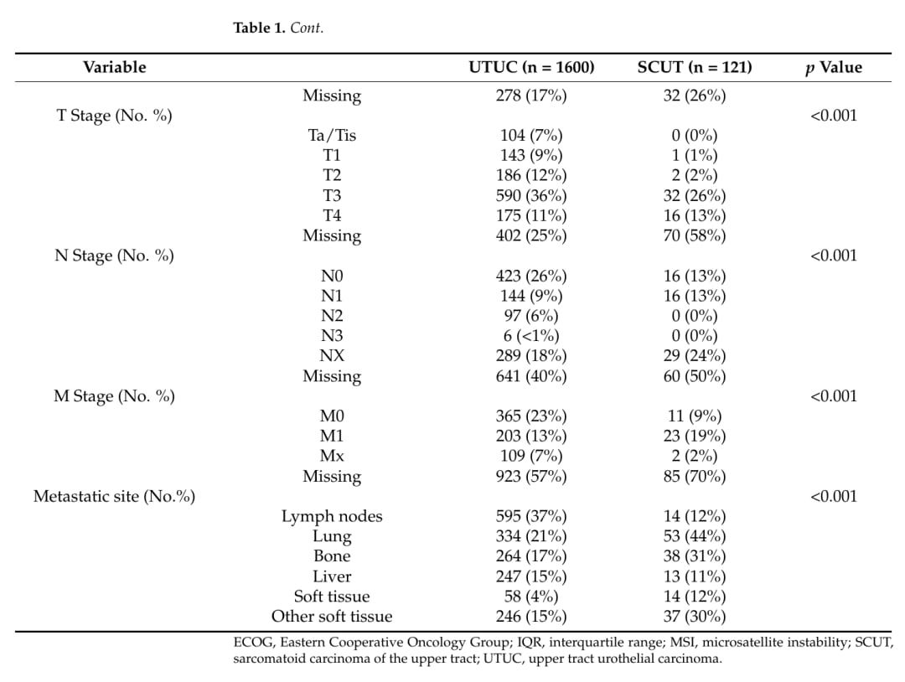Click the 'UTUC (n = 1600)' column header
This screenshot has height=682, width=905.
coord(531,67)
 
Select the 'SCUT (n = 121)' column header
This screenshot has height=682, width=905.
coord(695,67)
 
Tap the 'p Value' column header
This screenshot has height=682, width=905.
coord(834,68)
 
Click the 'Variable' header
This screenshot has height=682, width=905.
coord(114,67)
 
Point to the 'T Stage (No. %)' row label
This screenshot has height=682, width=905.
coord(114,116)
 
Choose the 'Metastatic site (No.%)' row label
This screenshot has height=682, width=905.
coord(114,496)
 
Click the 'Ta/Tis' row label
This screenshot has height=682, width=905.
coord(332,135)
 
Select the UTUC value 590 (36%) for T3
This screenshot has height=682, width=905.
coord(531,195)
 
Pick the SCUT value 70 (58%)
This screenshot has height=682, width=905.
coord(695,235)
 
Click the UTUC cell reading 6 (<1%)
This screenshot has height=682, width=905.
coord(531,336)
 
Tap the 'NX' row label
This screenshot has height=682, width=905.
coord(332,355)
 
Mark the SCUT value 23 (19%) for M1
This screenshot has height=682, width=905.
coord(695,436)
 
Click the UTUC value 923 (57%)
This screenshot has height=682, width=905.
coord(531,476)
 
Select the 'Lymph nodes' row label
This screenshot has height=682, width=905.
coord(332,516)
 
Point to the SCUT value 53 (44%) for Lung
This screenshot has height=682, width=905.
coord(695,536)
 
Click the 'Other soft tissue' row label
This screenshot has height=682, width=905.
coord(332,616)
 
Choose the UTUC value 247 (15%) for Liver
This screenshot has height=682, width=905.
coord(531,576)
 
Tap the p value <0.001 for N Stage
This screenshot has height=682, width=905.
coord(834,256)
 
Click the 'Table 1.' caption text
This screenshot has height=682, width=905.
coord(259,28)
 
